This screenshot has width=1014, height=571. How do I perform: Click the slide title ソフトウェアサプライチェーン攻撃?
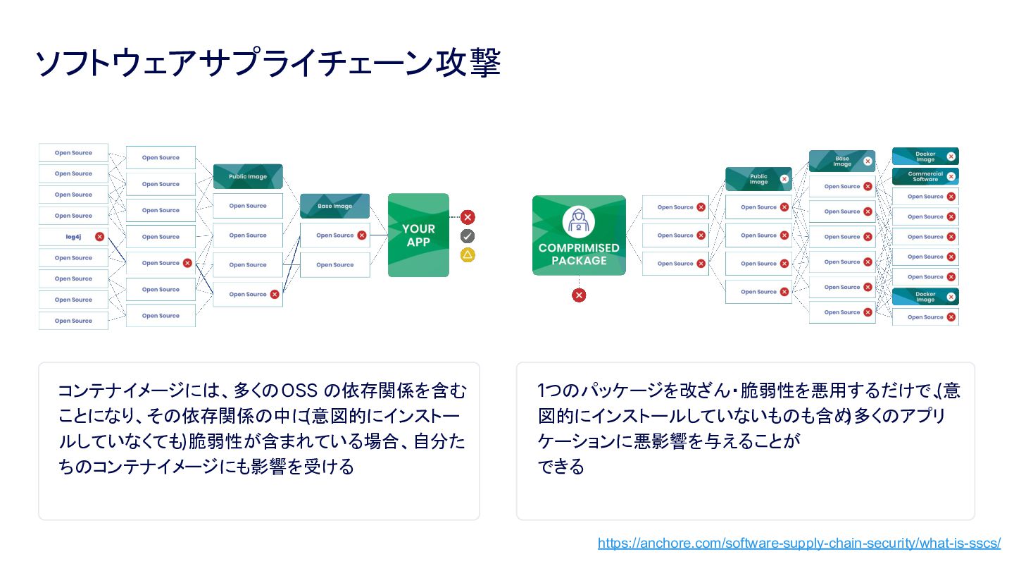[x=268, y=63]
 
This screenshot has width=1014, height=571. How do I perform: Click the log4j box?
[x=73, y=237]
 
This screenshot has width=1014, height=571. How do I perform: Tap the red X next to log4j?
[x=99, y=237]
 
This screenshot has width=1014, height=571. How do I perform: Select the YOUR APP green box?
[x=418, y=235]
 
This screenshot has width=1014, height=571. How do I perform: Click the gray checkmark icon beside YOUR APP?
[x=468, y=236]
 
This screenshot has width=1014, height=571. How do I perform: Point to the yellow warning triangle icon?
[x=468, y=254]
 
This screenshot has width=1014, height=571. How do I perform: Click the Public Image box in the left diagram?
[x=248, y=176]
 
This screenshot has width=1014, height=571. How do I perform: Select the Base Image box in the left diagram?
[x=334, y=206]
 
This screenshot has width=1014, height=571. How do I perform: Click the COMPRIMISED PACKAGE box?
[x=579, y=235]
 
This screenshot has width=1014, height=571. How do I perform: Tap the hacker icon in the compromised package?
[x=579, y=221]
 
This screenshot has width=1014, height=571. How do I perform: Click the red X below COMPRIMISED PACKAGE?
[x=579, y=295]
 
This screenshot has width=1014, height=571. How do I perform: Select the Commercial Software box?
[x=925, y=176]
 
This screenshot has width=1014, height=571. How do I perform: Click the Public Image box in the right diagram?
[x=758, y=179]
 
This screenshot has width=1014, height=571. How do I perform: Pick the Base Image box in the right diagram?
[x=841, y=161]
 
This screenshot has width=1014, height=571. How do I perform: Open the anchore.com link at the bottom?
[x=799, y=544]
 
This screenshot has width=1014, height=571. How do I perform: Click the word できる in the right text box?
[x=561, y=467]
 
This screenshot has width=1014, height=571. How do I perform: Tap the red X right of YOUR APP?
[x=468, y=217]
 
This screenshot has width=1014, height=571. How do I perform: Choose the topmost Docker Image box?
[x=925, y=156]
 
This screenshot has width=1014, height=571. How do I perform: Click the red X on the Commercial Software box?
[x=951, y=176]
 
